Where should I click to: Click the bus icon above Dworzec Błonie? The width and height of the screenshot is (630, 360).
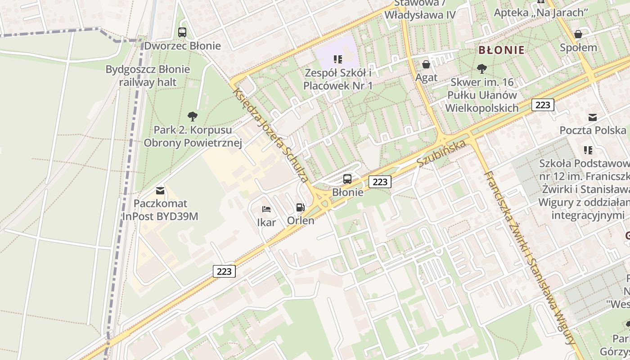coord(182,32)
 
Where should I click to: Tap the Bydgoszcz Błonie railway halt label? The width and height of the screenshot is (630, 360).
coord(148,76)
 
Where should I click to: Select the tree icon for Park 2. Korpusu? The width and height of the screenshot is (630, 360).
coord(193,117)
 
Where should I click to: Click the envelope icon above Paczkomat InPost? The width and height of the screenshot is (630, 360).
coord(160,190)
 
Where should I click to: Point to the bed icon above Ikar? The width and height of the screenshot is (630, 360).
coord(266,209)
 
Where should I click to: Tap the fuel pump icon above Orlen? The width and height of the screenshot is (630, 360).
coord(300,207)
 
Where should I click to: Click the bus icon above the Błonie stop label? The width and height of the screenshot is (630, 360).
coord(347,179)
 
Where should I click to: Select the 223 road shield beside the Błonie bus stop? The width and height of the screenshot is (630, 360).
coord(380,182)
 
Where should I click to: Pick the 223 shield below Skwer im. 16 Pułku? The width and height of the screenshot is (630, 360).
coord(543,105)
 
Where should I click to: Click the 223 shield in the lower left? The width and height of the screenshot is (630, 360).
coord(224,271)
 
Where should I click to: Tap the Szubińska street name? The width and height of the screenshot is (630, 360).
coord(441,153)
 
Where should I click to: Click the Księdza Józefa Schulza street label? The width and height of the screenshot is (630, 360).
coord(270,135)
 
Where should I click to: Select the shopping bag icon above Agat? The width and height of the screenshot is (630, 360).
coord(426,64)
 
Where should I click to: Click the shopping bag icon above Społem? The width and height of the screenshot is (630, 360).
coord(578,34)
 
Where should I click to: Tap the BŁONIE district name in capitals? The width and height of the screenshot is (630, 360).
coord(501,50)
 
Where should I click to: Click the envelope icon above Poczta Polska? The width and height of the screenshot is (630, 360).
coord(593,117)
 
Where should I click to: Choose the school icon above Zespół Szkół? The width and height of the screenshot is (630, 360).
coord(338,59)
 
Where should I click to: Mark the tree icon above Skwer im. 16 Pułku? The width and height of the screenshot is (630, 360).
coord(481,69)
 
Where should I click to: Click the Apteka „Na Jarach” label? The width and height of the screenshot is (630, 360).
coord(541,13)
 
